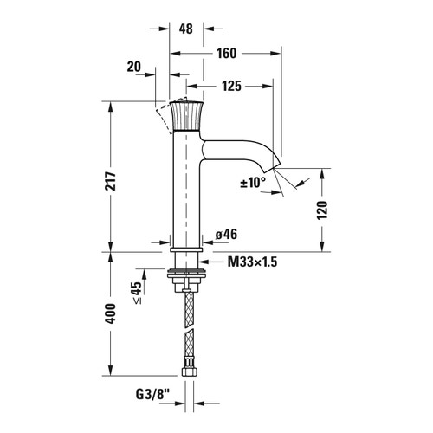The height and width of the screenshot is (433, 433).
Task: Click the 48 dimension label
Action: [185, 28]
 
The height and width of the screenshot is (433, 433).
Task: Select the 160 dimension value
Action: [227, 53]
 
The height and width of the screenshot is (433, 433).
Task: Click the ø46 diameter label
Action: [226, 234]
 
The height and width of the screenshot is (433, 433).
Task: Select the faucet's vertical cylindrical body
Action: [185, 191]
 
